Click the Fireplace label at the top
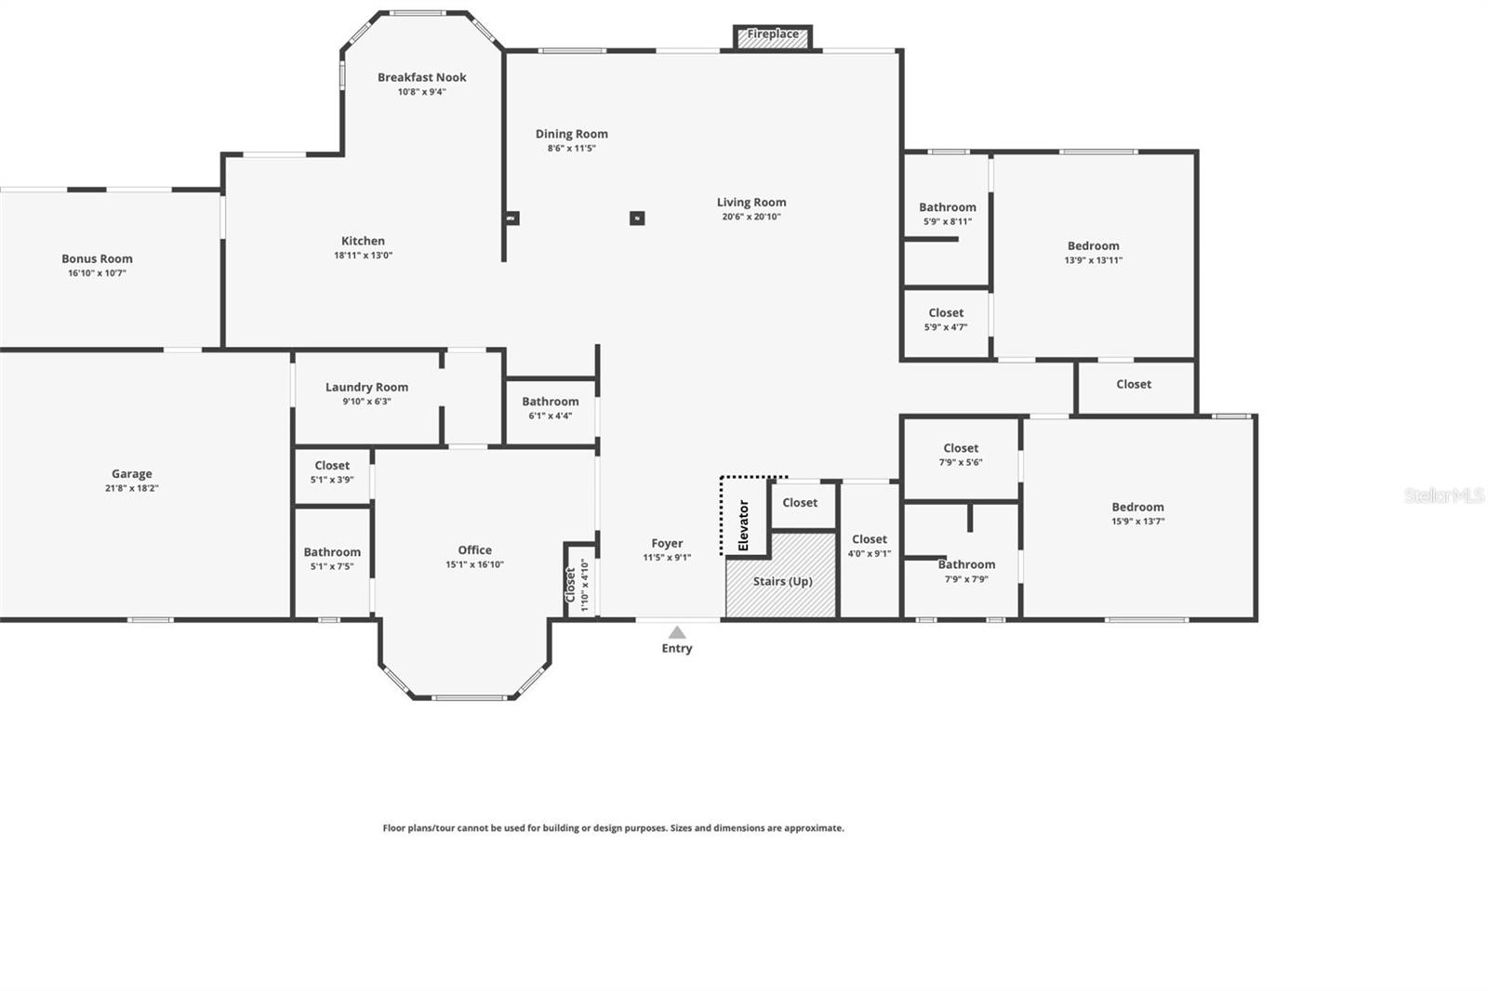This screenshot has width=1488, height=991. tap(773, 34)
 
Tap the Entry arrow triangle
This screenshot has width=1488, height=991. tap(677, 632)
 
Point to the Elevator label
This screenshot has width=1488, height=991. tap(743, 525)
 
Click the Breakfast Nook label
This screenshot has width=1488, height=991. tap(421, 77)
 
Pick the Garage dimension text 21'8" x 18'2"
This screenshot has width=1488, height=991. tap(131, 488)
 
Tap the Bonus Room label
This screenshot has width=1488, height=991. tap(97, 258)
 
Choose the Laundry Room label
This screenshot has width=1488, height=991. tap(366, 387)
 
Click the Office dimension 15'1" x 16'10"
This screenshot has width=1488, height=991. tap(474, 564)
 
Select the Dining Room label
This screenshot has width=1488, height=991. tap(571, 134)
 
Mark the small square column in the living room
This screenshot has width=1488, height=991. tap(637, 218)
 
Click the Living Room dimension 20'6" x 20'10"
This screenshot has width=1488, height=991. tap(751, 217)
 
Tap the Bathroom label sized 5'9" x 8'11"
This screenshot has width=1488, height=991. tap(948, 207)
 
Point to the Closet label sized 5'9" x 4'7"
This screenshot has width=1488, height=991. tap(946, 313)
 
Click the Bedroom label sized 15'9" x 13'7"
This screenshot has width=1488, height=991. tap(1137, 507)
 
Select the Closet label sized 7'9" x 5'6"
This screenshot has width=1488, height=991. tap(961, 448)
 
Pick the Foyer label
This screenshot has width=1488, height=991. tap(667, 543)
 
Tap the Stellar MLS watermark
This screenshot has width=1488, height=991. tap(1444, 495)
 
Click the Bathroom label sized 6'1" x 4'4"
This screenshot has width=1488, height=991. tap(550, 402)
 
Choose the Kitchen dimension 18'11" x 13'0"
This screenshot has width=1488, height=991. tap(363, 256)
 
